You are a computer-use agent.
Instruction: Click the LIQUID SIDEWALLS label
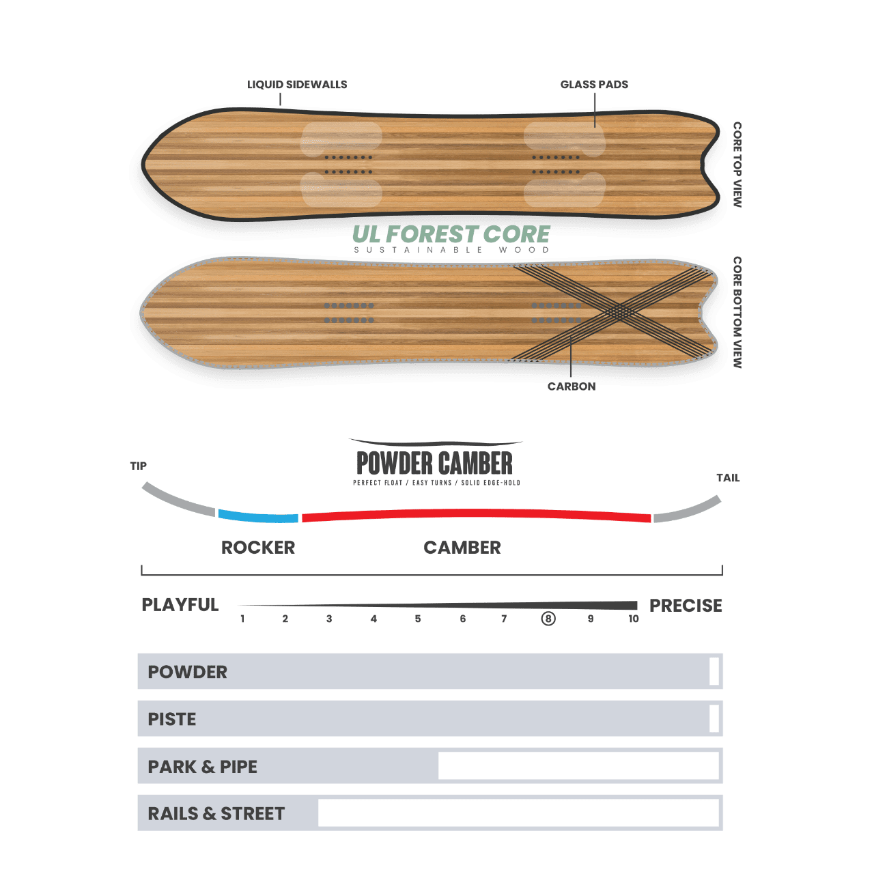click(297, 85)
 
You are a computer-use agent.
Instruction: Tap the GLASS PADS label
click(594, 85)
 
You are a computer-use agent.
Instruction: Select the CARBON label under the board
click(572, 386)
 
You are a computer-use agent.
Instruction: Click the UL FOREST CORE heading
click(451, 234)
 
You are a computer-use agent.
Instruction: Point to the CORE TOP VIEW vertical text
click(737, 164)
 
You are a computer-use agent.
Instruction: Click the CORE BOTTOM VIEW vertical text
click(737, 313)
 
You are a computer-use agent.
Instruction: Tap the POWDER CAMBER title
click(434, 463)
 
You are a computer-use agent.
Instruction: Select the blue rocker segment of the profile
click(258, 517)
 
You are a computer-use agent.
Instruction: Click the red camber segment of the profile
click(476, 514)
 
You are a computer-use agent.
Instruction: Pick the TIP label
click(139, 466)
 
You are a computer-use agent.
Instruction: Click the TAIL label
click(728, 477)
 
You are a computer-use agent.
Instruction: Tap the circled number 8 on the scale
click(548, 619)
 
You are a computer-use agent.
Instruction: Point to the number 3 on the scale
click(329, 619)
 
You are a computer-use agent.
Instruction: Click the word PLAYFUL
click(180, 605)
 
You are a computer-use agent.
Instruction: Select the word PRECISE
click(686, 606)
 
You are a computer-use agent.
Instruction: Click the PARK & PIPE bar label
click(202, 767)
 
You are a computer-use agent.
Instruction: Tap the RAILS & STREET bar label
click(216, 814)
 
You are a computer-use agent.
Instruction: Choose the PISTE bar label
click(172, 719)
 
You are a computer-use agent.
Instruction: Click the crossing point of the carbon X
click(620, 312)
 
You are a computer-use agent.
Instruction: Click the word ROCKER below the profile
click(258, 548)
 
